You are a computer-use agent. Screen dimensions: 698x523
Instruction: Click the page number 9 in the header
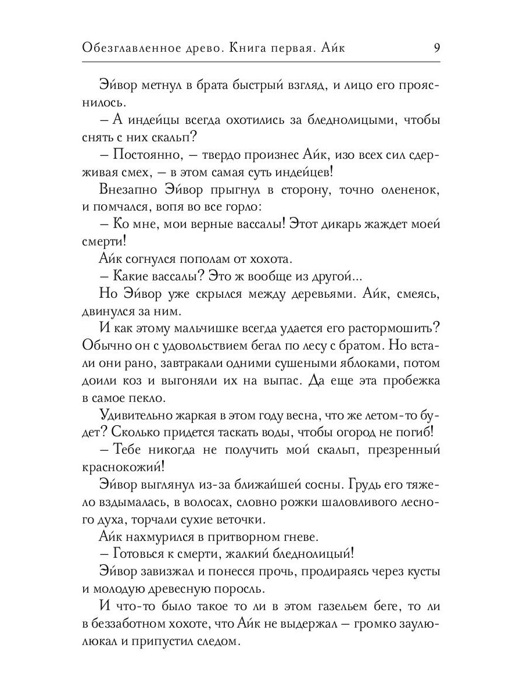click(x=436, y=48)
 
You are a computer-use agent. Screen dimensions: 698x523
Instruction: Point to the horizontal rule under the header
click(x=261, y=62)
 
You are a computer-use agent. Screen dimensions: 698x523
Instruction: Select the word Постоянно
click(x=147, y=154)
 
